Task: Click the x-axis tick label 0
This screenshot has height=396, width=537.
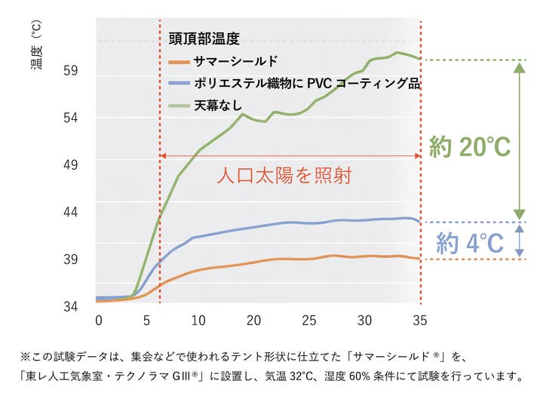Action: click(x=98, y=320)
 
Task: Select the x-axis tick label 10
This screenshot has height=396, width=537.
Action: click(x=198, y=320)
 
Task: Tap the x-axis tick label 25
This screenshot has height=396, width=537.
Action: click(x=309, y=320)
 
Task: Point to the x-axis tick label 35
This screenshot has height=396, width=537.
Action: click(x=419, y=320)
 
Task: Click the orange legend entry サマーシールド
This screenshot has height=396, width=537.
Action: click(x=236, y=60)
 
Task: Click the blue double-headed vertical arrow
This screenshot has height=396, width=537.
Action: click(x=519, y=241)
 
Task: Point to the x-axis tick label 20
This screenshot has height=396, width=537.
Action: click(x=254, y=320)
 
